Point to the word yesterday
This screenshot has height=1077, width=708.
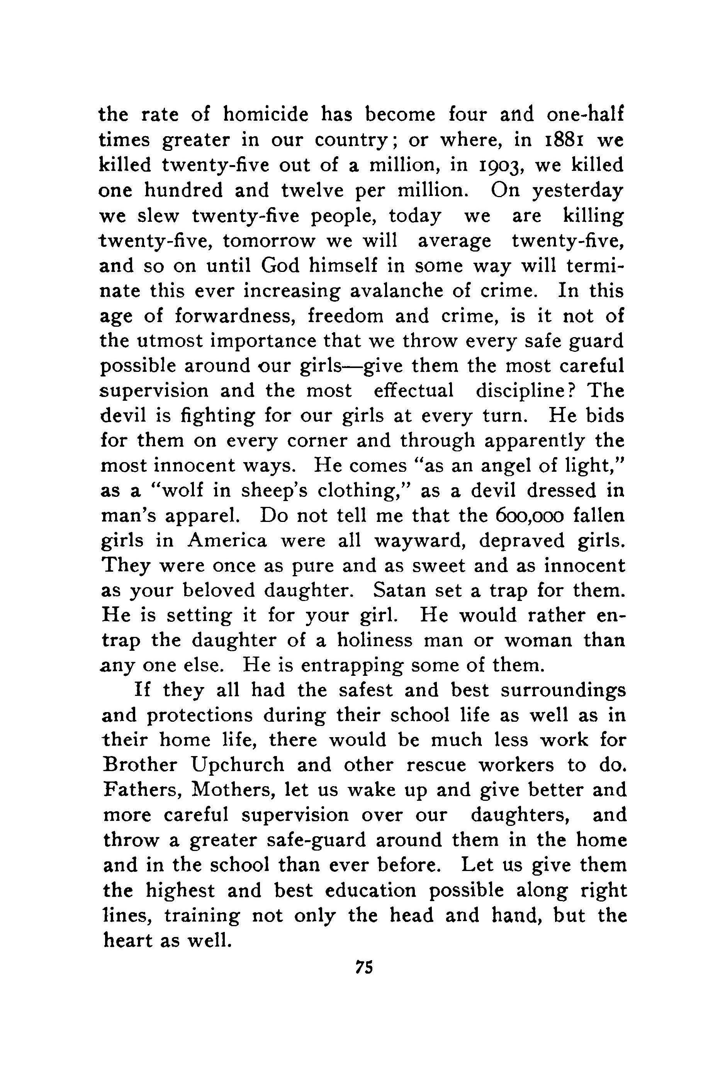577,191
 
